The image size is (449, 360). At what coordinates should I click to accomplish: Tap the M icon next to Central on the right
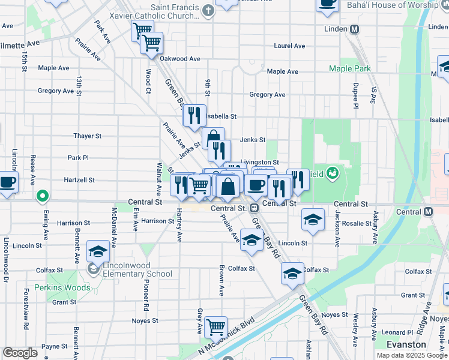428,212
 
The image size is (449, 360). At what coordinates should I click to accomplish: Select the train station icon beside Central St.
255,208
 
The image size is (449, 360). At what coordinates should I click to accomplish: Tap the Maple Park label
349,69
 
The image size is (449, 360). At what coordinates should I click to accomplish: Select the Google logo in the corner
20,353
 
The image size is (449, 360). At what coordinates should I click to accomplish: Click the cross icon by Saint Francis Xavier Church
208,10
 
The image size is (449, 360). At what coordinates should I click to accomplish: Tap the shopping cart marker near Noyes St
215,327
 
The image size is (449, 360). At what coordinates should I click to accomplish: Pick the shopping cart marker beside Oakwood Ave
152,43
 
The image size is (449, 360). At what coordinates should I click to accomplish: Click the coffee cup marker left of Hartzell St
7,182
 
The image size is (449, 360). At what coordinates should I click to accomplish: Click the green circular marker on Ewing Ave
42,196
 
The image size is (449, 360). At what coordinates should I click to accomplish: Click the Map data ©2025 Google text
412,355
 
